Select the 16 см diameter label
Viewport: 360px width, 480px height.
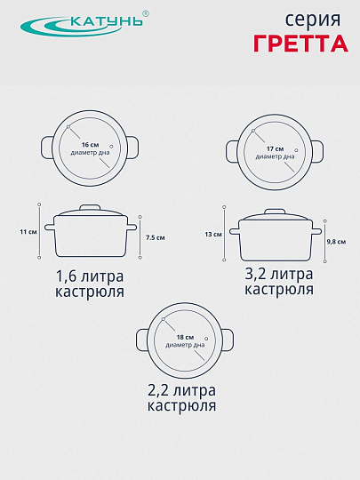[x=90, y=144]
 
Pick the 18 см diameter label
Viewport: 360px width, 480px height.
[x=185, y=339]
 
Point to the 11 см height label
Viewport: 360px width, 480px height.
[x=27, y=233]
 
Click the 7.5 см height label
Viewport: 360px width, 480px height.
[x=156, y=238]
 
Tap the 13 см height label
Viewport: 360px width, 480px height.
[x=212, y=235]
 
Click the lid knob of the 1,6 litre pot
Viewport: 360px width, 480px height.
[x=90, y=208]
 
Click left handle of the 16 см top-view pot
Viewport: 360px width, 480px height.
[x=47, y=145]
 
